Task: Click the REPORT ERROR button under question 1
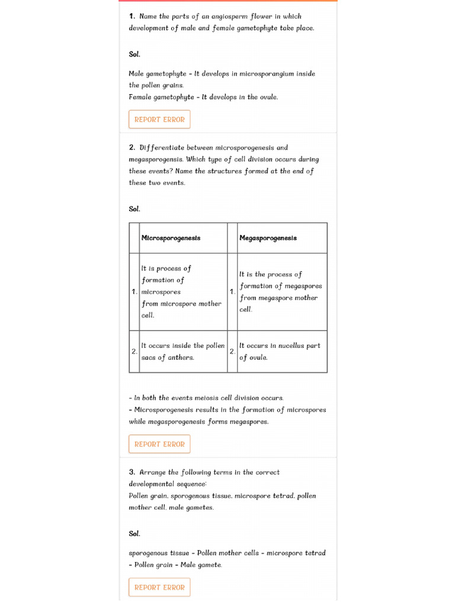(x=159, y=119)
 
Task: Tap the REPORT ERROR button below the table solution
(x=159, y=444)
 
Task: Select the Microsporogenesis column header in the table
(x=171, y=238)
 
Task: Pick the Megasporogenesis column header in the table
(x=268, y=238)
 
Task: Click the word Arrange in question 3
(x=152, y=472)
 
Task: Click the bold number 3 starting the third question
(x=132, y=472)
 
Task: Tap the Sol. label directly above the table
(x=134, y=209)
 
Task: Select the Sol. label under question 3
(x=134, y=534)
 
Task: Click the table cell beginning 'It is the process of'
(x=281, y=292)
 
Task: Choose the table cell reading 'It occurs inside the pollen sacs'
(x=182, y=352)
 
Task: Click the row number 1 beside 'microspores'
(x=134, y=292)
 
